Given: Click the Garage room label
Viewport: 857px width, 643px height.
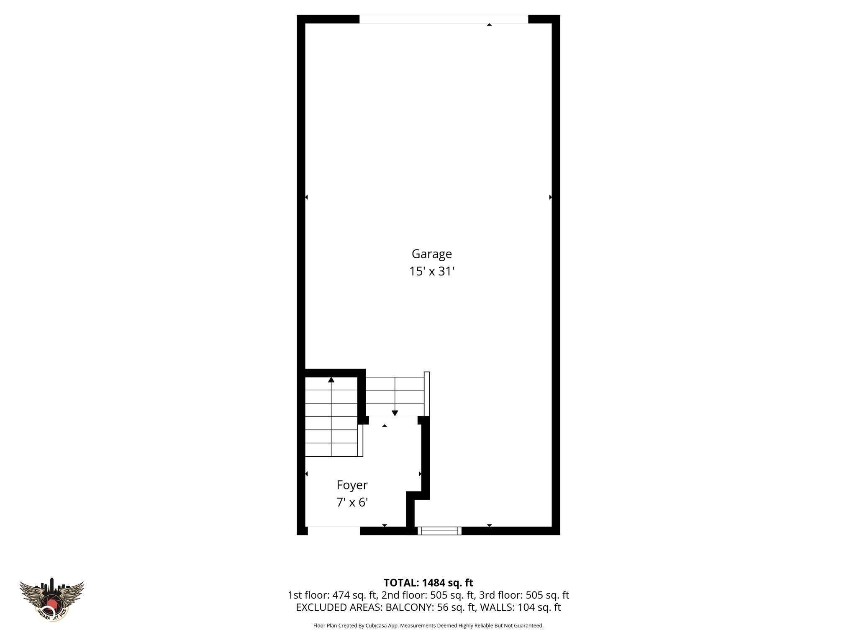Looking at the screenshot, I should tap(431, 254).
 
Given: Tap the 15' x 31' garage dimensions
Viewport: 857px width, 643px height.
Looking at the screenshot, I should tap(431, 271).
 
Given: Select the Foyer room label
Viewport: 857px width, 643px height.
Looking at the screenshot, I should tap(352, 485).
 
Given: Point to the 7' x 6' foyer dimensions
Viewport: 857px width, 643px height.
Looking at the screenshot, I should tap(352, 502).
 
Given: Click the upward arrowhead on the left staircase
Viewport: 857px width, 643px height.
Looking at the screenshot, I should tap(331, 380).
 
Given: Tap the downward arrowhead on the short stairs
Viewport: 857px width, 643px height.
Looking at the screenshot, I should tap(395, 413).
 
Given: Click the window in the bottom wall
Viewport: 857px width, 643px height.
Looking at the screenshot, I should tap(439, 531).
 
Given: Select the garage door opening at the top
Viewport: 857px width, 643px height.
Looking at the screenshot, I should tap(444, 19).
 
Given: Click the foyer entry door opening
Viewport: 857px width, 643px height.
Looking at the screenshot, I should tap(334, 530).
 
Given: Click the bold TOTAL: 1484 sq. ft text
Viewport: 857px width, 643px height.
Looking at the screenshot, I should tap(428, 583).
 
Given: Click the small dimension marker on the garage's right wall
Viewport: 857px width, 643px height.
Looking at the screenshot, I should tap(550, 197).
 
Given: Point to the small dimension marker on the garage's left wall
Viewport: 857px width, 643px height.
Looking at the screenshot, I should tap(306, 197).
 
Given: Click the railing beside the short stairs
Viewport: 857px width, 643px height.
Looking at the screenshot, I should tap(427, 394).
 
